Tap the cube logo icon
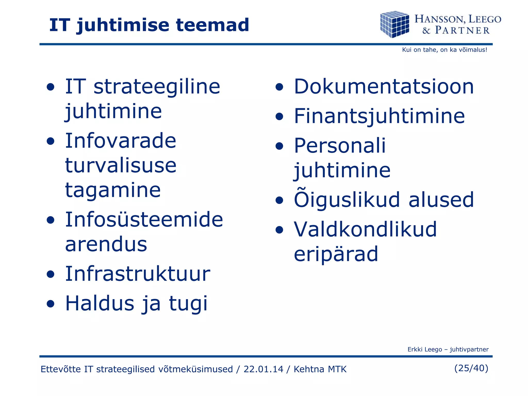(x=394, y=24)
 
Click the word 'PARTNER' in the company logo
(x=462, y=30)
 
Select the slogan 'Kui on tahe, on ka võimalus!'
(x=444, y=50)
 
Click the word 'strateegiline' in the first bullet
(x=157, y=87)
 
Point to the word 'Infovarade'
(x=120, y=141)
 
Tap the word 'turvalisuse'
(x=121, y=166)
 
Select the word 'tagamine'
(x=113, y=190)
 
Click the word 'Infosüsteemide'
(x=144, y=220)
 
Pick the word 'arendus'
(x=106, y=244)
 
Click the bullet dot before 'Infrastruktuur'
(x=51, y=274)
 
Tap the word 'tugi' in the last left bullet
(x=188, y=304)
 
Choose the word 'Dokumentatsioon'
(x=384, y=87)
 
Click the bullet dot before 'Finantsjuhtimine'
(x=279, y=117)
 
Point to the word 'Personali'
(x=340, y=146)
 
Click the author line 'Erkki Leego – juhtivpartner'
(x=448, y=349)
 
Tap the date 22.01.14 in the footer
(x=263, y=369)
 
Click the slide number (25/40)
(x=471, y=368)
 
